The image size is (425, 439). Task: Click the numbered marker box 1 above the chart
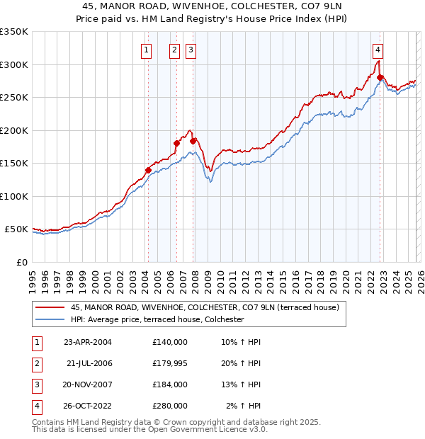[x=146, y=50]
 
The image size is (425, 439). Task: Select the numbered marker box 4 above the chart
[x=378, y=50]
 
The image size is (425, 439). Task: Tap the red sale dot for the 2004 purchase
[x=148, y=170]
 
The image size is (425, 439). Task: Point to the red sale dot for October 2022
[x=380, y=77]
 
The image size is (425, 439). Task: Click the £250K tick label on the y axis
[x=14, y=98]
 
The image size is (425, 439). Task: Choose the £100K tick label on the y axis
[x=14, y=196]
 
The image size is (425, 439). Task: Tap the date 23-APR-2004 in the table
[x=88, y=342]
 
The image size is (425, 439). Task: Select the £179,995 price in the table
[x=169, y=363]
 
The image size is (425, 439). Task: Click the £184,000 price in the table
[x=169, y=384]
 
